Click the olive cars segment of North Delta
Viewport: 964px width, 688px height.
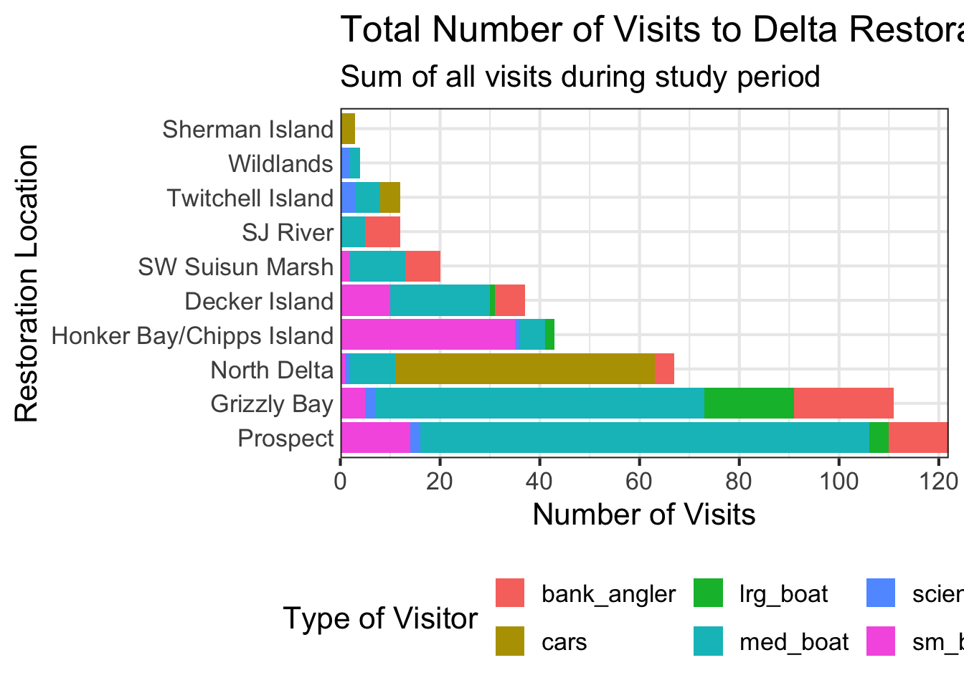click(525, 370)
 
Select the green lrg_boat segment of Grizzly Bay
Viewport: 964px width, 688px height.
click(749, 404)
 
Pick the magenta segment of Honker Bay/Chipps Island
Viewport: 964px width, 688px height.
click(427, 335)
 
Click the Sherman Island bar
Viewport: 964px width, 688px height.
click(348, 129)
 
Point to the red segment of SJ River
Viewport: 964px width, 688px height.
click(382, 232)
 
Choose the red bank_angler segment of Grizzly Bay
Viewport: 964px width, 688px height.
click(843, 404)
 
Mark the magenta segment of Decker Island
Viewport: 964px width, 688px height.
click(365, 301)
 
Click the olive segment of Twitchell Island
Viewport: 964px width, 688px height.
click(389, 198)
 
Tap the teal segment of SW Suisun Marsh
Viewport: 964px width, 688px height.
click(377, 267)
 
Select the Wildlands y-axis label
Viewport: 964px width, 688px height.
click(280, 164)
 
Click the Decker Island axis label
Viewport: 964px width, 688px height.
click(259, 301)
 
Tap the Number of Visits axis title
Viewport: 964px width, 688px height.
click(643, 515)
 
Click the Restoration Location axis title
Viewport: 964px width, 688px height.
click(27, 284)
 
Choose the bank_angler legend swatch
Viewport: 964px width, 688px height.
click(510, 593)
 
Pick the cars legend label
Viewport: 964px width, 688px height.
click(564, 641)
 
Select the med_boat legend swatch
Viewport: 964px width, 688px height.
click(708, 641)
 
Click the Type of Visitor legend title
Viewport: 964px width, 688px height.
click(380, 618)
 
